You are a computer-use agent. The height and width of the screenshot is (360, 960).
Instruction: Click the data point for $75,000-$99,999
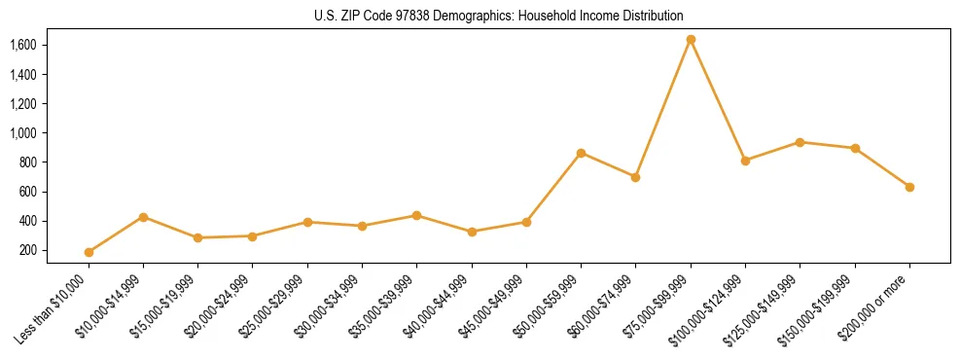(x=691, y=40)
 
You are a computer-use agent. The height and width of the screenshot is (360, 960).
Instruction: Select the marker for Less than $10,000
(x=89, y=252)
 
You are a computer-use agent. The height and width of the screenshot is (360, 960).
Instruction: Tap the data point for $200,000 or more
(x=909, y=187)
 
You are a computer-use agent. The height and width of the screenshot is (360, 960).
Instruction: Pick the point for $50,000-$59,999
(x=581, y=153)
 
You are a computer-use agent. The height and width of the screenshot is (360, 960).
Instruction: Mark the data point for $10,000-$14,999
(x=143, y=217)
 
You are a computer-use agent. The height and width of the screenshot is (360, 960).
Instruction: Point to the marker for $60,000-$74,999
(x=635, y=177)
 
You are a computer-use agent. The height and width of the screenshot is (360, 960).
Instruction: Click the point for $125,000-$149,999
(x=800, y=142)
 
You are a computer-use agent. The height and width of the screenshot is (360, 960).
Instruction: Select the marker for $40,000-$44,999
(x=472, y=232)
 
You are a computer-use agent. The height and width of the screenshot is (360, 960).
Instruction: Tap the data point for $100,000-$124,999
(x=745, y=161)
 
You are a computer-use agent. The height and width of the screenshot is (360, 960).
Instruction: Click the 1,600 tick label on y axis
(x=22, y=45)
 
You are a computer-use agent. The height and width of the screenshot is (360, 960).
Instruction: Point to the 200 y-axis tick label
(x=27, y=250)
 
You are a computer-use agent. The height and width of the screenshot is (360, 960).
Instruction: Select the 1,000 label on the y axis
(x=22, y=132)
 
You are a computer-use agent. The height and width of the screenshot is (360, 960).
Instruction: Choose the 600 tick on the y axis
(x=27, y=192)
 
